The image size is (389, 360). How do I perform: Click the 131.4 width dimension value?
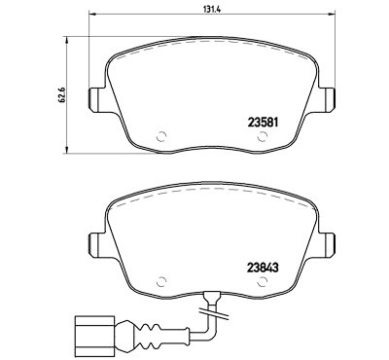coord(212,10)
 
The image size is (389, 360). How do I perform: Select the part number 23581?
coord(263,123)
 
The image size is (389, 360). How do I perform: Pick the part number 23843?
coord(263,268)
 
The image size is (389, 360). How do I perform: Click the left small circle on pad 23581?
coord(161,137)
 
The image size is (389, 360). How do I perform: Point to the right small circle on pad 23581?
coord(262,137)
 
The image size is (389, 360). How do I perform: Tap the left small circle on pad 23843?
coord(161,282)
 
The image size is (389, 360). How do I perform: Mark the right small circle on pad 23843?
coord(262,282)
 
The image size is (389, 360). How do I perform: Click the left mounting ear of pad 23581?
coord(96,100)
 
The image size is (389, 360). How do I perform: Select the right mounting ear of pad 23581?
coord(328,100)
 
